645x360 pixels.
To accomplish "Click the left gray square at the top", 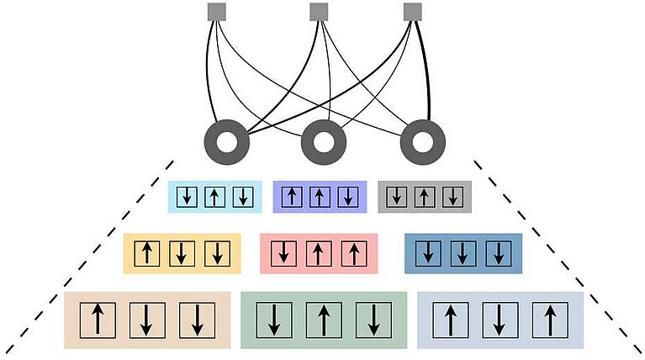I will [x=217, y=12].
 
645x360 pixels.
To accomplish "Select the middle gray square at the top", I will [x=318, y=12].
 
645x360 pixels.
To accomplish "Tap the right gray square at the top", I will [x=412, y=12].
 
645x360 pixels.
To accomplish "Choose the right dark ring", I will [x=422, y=142].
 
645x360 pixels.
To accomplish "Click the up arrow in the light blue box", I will [x=215, y=197].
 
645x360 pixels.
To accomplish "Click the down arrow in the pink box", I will [x=287, y=253].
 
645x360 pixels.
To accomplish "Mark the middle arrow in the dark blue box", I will [x=463, y=253].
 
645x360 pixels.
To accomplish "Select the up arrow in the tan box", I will [x=98, y=320].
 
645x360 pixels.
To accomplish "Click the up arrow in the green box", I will [x=324, y=320].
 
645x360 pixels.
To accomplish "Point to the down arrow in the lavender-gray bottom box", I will [x=500, y=320].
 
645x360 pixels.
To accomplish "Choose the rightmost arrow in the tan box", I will [x=197, y=320].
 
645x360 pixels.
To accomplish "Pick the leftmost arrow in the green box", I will [x=274, y=320].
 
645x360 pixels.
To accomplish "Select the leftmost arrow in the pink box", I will [x=287, y=253].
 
